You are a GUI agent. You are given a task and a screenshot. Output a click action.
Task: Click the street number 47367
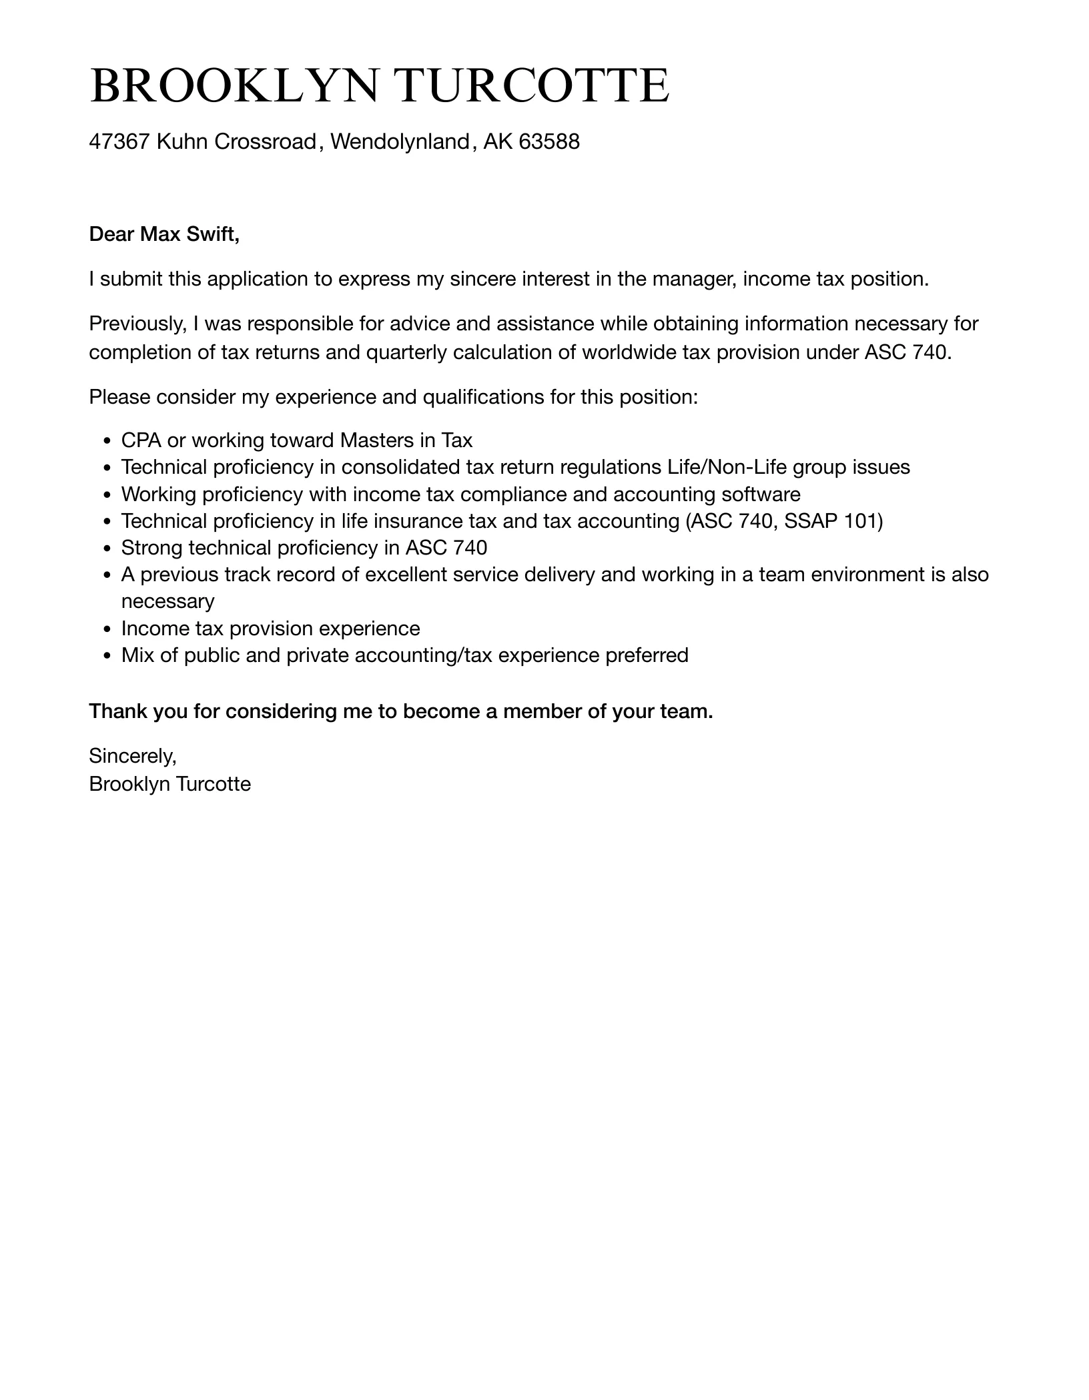coord(119,141)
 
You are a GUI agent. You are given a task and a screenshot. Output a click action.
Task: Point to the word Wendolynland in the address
coord(400,141)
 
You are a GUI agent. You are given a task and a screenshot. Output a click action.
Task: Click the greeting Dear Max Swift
coord(164,234)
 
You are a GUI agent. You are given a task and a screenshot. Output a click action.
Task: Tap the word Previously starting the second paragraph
coord(137,324)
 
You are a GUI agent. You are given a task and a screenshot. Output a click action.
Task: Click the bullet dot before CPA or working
coord(107,441)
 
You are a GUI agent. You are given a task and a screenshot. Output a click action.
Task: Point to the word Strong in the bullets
coord(152,548)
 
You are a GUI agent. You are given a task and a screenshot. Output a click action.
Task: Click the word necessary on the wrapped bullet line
coord(167,601)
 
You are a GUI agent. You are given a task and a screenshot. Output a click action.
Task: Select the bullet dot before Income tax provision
coord(107,629)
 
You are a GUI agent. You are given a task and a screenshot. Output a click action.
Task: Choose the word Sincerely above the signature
coord(132,756)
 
